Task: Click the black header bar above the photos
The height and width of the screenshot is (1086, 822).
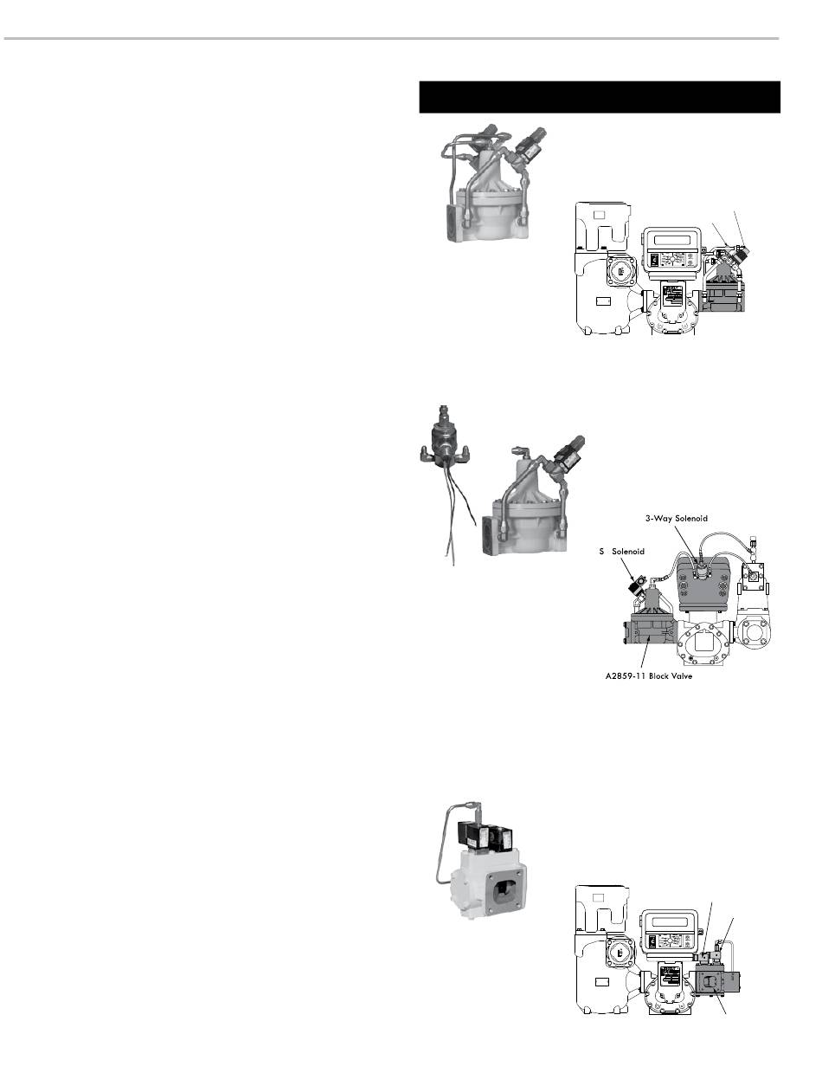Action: [600, 97]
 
